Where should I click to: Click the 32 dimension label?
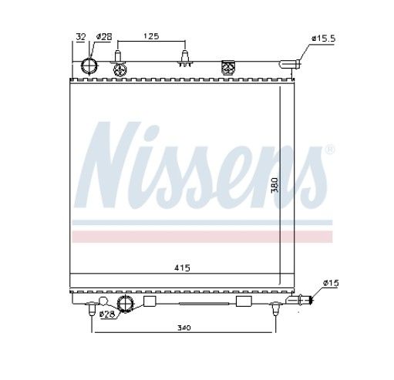coord(81,37)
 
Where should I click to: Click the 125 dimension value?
coord(151,36)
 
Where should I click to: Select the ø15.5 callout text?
coord(323,39)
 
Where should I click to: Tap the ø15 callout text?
coord(331,283)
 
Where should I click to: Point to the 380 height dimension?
coord(274,185)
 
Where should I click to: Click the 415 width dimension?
coord(182,268)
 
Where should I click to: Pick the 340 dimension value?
coord(184,328)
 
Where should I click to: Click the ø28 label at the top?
coord(104,37)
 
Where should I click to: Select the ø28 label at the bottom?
coord(107,314)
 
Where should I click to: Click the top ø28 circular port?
coord(89,66)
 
